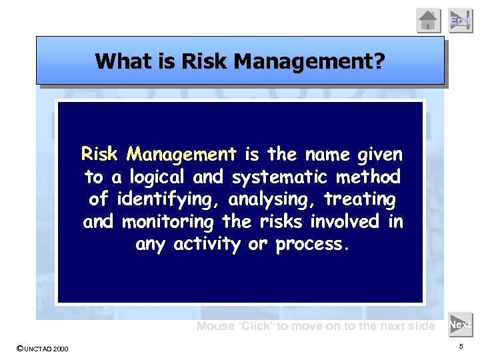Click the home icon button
429,21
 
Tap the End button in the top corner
459,21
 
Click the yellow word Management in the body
182,155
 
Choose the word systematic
289,177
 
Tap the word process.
312,244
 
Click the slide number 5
461,347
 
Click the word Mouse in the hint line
215,326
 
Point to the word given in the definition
380,155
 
